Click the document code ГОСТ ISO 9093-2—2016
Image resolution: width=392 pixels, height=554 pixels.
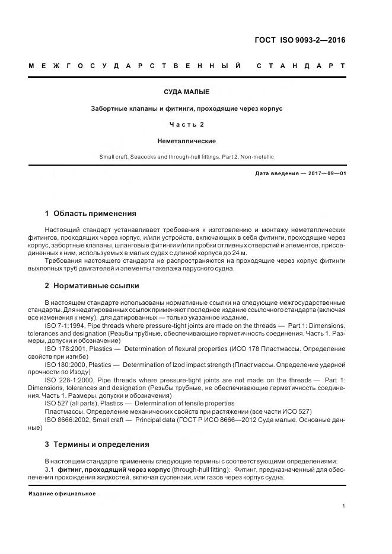coord(299,40)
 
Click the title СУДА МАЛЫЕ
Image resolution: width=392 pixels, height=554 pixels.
coord(187,92)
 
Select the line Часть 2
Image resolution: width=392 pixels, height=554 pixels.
coord(187,124)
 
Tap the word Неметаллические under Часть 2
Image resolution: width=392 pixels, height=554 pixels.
coord(187,141)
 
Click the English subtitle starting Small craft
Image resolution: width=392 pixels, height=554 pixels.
coord(187,157)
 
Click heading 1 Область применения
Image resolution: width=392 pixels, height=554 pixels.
coord(91,214)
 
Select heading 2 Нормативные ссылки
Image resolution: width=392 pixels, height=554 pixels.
coord(92,285)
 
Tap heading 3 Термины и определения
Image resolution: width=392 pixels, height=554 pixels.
coord(97,444)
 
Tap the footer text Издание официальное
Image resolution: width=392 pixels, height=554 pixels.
coord(62,493)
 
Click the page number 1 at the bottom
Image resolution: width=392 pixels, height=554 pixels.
coord(344,506)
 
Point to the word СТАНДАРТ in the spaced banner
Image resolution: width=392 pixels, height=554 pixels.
coord(301,65)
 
